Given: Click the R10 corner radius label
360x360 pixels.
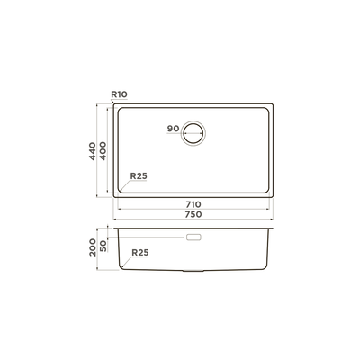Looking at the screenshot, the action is pyautogui.click(x=119, y=94).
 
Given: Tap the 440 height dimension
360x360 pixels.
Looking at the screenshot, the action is pyautogui.click(x=93, y=151).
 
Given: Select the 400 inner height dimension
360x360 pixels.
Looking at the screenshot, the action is pyautogui.click(x=103, y=151).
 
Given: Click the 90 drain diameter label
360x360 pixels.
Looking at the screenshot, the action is pyautogui.click(x=173, y=129).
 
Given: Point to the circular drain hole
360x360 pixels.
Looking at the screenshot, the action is pyautogui.click(x=193, y=121).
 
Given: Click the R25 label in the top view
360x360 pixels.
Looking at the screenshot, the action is pyautogui.click(x=139, y=176).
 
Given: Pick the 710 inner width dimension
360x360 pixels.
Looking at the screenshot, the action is pyautogui.click(x=193, y=204).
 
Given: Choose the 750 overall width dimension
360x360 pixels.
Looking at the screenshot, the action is pyautogui.click(x=193, y=215).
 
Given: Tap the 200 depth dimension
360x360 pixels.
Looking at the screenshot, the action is pyautogui.click(x=93, y=247).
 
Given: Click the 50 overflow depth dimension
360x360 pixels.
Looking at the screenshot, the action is pyautogui.click(x=103, y=247).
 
